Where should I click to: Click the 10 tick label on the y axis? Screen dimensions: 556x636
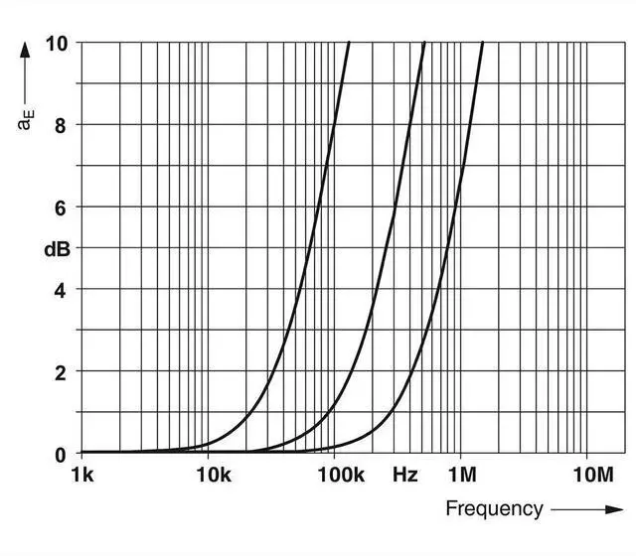click(x=56, y=44)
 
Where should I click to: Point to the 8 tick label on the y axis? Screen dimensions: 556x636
click(x=61, y=125)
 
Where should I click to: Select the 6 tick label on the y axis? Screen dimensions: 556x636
click(x=61, y=208)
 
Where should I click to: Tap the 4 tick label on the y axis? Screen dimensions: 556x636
click(x=61, y=290)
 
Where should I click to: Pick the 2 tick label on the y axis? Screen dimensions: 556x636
click(x=61, y=372)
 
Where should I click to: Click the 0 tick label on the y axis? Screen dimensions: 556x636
click(x=61, y=455)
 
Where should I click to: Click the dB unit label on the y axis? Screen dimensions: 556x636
click(x=56, y=249)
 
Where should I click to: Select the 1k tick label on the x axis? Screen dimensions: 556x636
click(x=82, y=476)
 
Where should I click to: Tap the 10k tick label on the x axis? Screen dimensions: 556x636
click(x=213, y=476)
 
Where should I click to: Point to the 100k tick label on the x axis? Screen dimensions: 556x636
click(x=340, y=476)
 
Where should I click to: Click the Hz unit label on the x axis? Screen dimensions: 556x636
click(x=404, y=476)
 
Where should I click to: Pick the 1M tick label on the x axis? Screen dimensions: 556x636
click(x=461, y=476)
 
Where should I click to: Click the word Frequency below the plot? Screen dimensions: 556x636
click(x=494, y=509)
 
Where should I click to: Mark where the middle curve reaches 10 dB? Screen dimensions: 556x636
click(x=424, y=43)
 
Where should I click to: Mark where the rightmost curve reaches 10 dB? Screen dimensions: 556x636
click(x=483, y=43)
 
